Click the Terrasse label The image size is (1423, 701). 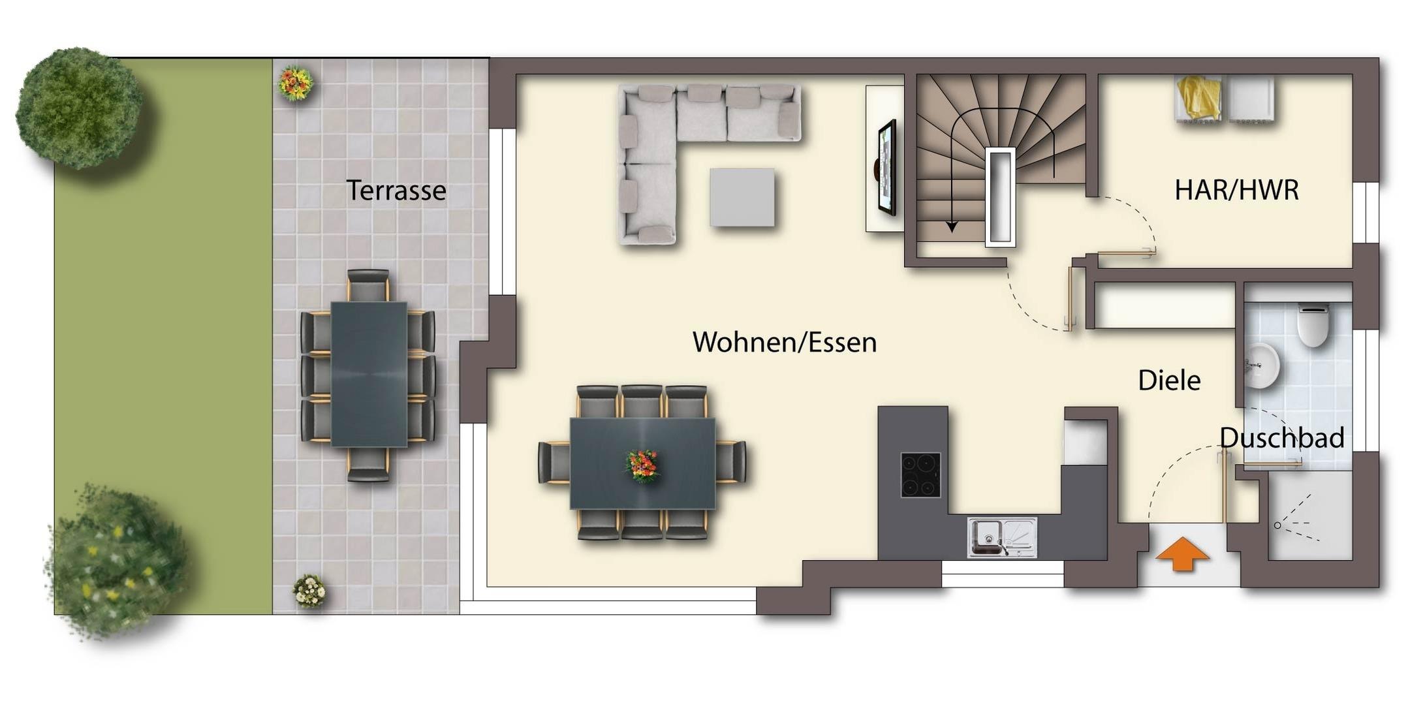[x=396, y=191]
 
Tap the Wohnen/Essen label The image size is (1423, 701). [x=785, y=342]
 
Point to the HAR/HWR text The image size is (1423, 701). [x=1236, y=190]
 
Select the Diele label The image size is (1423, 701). [x=1169, y=381]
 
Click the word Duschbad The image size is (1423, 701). [x=1282, y=437]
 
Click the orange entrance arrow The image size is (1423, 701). [x=1182, y=554]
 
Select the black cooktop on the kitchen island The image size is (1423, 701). [x=920, y=475]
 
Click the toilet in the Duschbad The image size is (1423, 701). [x=1313, y=325]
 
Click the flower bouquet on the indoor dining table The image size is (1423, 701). [x=643, y=466]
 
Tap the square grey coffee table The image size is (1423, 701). [x=742, y=198]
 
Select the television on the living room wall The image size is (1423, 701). [x=886, y=168]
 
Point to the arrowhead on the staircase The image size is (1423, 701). [x=952, y=226]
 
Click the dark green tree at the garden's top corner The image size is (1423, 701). [x=80, y=107]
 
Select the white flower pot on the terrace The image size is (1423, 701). [x=309, y=591]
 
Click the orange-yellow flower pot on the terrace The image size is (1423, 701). [x=296, y=84]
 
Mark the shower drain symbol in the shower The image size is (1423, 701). [x=1277, y=525]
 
